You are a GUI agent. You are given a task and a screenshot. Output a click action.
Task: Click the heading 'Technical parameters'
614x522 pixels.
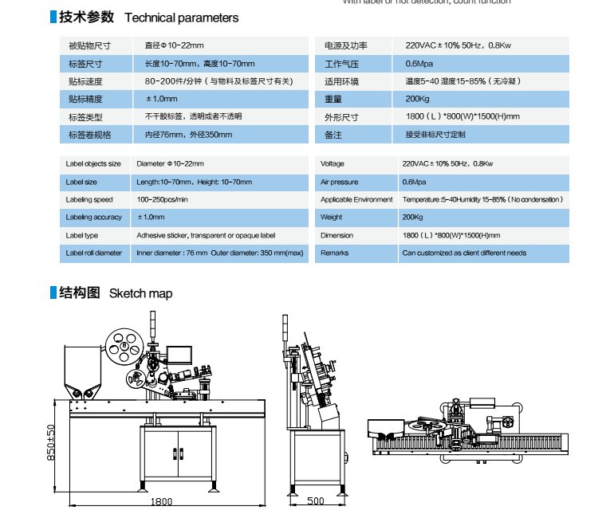pos(181,18)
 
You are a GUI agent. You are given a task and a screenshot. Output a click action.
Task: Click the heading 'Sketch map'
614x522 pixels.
pos(140,293)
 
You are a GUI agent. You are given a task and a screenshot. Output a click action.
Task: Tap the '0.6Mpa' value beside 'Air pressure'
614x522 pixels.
pos(414,182)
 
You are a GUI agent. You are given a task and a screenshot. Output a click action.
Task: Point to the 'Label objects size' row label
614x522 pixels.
pos(93,164)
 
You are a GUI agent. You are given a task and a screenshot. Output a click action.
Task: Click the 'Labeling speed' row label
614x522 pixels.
pos(89,199)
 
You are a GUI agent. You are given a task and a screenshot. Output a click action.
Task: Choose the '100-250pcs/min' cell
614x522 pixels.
pos(163,199)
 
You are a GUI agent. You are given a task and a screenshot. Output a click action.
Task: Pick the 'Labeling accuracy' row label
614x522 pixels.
pos(93,218)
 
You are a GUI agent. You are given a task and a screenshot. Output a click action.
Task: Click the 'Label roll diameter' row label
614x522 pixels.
pos(93,253)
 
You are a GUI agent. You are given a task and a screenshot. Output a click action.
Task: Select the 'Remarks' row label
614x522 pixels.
pos(334,253)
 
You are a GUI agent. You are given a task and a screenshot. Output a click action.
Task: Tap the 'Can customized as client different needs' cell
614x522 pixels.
pos(464,253)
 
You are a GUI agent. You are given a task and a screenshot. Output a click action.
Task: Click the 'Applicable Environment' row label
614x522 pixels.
pos(356,199)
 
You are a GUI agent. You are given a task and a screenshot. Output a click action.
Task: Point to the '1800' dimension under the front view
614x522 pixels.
pos(162,501)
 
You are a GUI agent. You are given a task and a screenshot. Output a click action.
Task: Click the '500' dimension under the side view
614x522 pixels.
pos(315,501)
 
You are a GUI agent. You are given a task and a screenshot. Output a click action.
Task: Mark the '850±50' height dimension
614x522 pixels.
pos(50,442)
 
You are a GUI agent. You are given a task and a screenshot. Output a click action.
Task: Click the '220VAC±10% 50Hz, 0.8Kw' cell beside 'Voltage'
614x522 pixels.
pos(447,164)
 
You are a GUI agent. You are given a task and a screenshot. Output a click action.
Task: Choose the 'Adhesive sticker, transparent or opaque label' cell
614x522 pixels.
pos(206,236)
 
